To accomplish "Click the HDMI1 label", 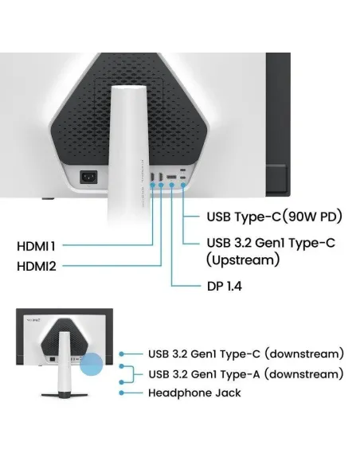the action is coord(36,246).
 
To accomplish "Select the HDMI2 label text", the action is coord(37,266).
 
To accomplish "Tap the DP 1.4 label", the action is coord(225,286).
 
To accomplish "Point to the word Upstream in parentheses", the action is coord(243,260).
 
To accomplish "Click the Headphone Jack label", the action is coord(194,393).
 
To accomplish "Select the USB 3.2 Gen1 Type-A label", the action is coord(246,374).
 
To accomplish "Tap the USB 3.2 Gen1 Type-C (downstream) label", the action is coord(246,354).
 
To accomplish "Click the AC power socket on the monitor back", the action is coord(88,178).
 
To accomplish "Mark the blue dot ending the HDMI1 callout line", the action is coord(152,185).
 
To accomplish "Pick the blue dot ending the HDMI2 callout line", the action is coord(161,185).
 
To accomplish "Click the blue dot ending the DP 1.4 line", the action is coord(172,185).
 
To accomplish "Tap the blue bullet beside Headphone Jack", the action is coord(121,393).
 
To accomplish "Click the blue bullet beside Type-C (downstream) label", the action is coord(121,354).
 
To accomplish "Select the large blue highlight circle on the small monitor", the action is coord(92,364).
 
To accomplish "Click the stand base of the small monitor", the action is coord(65,395).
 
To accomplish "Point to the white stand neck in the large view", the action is coord(128,154).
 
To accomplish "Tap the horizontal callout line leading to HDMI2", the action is coord(112,266).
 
